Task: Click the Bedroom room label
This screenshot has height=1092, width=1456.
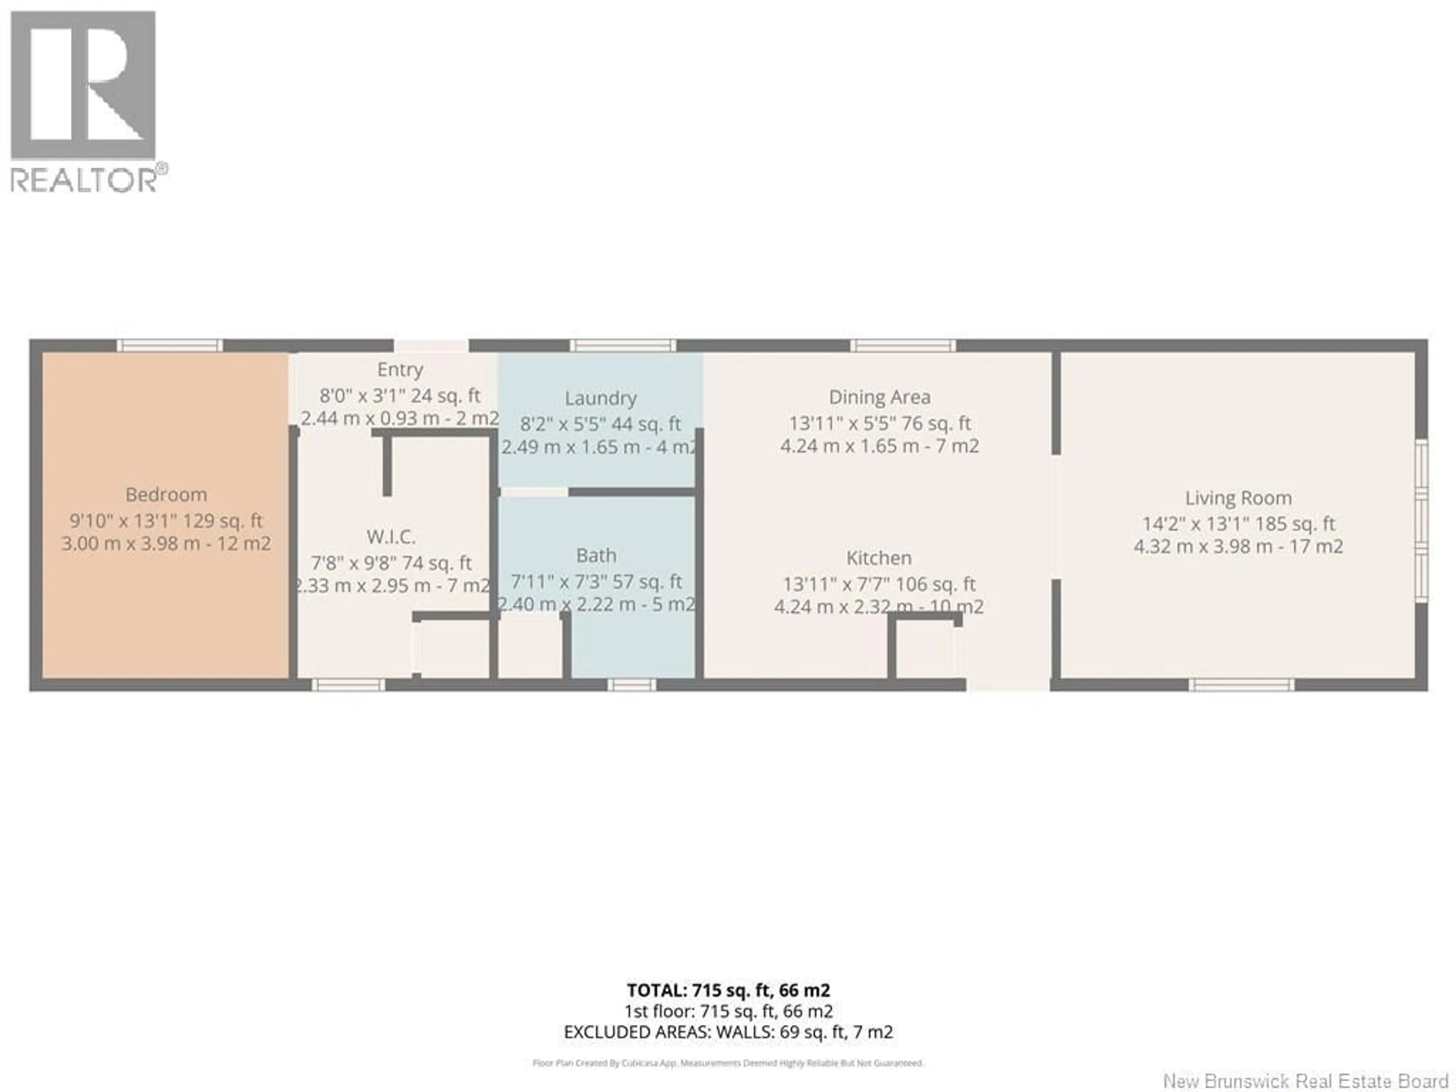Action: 166,494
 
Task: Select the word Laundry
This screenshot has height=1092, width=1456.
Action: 600,398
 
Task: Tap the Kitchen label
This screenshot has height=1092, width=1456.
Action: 879,558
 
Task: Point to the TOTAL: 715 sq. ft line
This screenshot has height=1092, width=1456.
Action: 728,990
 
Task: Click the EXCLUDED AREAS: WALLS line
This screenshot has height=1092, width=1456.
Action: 728,1032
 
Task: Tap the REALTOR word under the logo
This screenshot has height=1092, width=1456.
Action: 83,180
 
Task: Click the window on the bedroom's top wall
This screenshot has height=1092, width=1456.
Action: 170,345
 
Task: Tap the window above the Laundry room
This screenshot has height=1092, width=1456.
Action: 623,345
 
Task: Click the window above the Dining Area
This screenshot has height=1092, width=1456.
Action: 902,345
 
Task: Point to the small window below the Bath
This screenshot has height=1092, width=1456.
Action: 631,685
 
